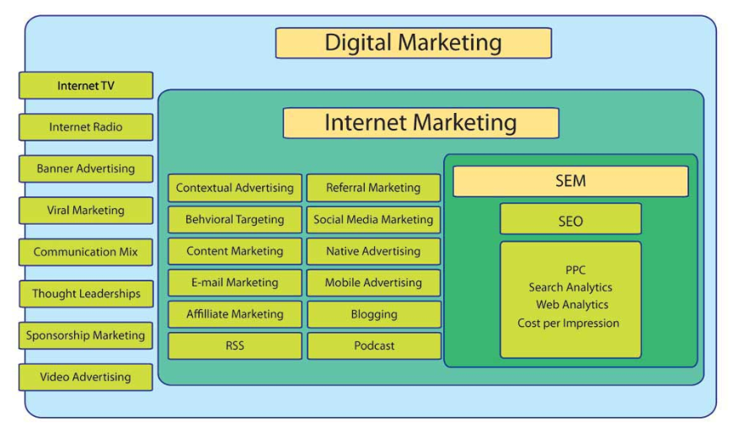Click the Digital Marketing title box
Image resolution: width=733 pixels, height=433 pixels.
point(413,43)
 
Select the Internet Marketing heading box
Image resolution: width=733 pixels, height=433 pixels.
point(420,123)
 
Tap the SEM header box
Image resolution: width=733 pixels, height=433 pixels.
point(570,181)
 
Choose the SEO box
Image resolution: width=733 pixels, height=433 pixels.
point(570,218)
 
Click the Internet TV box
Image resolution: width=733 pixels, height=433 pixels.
point(86,85)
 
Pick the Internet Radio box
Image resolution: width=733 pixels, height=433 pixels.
point(86,126)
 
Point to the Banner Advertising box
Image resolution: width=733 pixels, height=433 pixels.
point(86,168)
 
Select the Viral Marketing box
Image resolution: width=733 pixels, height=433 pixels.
point(86,211)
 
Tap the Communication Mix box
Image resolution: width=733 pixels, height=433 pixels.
point(86,252)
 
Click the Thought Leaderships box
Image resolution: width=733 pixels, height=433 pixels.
point(86,294)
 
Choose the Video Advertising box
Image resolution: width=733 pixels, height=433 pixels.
point(86,377)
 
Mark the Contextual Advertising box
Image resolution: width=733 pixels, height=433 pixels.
point(235,188)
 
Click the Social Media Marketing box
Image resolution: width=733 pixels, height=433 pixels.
point(373,219)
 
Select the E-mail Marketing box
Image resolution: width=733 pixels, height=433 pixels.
point(235,282)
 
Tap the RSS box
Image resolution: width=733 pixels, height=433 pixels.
point(235,346)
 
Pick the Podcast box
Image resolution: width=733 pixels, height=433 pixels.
point(374,346)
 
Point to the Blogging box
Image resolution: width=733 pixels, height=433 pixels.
point(374,314)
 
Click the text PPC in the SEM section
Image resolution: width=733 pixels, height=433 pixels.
point(575,270)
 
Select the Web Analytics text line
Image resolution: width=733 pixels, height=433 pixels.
point(572,304)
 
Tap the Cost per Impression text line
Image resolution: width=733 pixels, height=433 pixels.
point(569,323)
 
